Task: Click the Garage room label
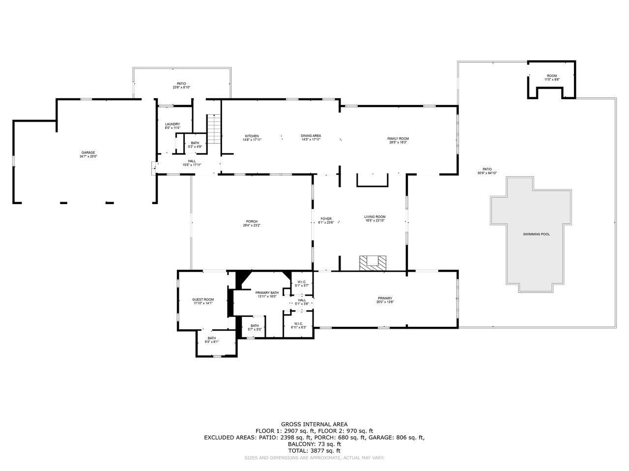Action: tap(88, 153)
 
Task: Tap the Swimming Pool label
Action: tap(536, 235)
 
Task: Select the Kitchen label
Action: tap(252, 136)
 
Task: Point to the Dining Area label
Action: tap(311, 136)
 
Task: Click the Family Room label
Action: tap(398, 139)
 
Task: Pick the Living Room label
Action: tap(374, 217)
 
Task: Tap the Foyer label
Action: tap(326, 219)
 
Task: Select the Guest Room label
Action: tap(203, 300)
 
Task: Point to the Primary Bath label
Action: tap(266, 293)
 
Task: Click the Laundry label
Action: tap(172, 124)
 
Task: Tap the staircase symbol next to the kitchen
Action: tap(214, 129)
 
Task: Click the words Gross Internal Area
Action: tap(314, 424)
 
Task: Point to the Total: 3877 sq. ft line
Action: tap(314, 450)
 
